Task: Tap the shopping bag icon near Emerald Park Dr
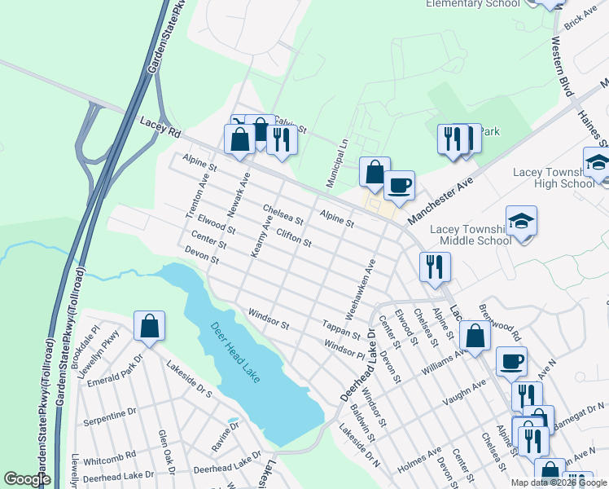pos(150,327)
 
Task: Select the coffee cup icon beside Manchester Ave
pos(399,187)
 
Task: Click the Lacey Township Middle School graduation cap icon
pos(521,222)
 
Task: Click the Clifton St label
pos(294,239)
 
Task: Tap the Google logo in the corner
pos(27,479)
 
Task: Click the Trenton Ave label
pos(197,195)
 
